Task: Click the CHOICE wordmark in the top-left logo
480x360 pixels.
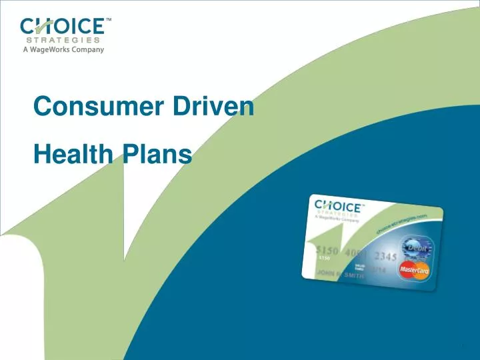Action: pyautogui.click(x=62, y=26)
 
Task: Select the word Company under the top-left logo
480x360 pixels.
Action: pyautogui.click(x=87, y=50)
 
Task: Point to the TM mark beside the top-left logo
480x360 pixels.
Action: pyautogui.click(x=109, y=20)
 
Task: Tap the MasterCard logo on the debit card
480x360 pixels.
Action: pyautogui.click(x=414, y=270)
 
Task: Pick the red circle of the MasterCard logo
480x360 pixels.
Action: pyautogui.click(x=407, y=269)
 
